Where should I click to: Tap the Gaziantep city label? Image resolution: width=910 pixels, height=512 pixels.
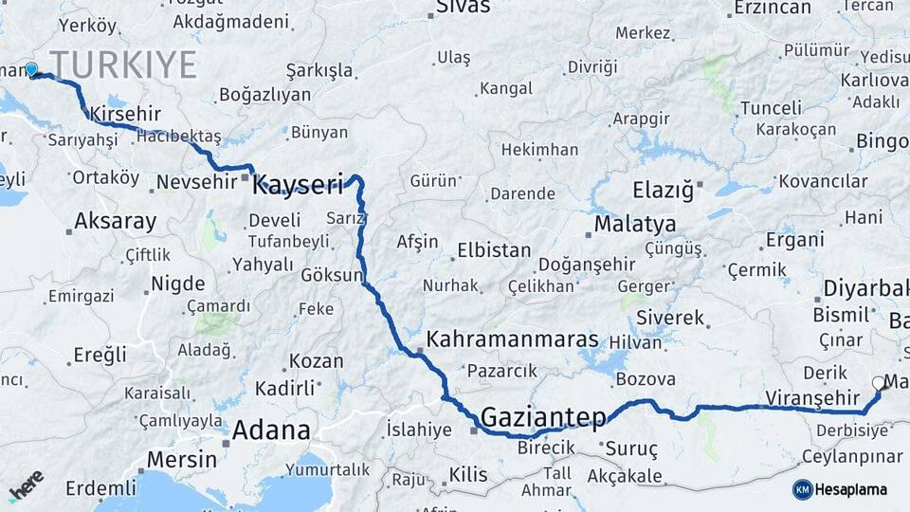pos(542,417)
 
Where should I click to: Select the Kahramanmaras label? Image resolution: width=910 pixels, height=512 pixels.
pos(513,339)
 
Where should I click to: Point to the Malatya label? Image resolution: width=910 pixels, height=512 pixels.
pos(634,225)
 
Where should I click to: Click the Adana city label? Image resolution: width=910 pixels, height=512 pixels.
pos(270,430)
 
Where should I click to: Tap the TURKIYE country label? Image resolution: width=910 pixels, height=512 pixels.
pos(123,65)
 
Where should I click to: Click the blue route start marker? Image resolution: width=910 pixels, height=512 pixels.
pos(31,69)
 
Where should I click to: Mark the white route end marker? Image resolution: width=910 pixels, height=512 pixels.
pos(878,384)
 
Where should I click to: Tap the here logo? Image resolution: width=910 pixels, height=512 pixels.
pos(26,485)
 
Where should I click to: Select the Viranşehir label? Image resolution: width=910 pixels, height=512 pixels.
pos(804,397)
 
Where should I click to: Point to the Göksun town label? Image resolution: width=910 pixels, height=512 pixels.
pos(332,276)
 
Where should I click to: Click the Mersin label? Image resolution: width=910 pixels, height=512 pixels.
pos(175,459)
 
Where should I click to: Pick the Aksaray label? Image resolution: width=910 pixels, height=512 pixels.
pos(115,221)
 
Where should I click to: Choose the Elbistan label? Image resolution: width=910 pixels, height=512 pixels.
pos(494,251)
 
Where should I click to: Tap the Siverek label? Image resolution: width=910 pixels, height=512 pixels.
pos(670,317)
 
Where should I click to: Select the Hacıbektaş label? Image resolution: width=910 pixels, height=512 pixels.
pos(178,137)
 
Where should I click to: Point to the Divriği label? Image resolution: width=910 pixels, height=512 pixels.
pos(591,67)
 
